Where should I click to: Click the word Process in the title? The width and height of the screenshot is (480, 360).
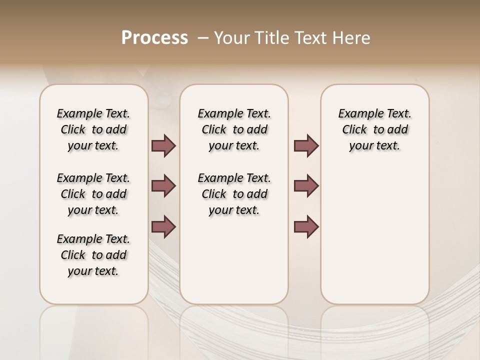coord(154,38)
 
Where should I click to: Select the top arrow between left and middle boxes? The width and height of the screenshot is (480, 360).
coord(163,146)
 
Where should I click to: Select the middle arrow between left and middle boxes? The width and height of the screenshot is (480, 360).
coord(163,186)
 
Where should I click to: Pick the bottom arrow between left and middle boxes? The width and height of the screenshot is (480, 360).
coord(163,226)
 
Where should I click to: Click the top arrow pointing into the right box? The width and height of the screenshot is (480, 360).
coord(306,146)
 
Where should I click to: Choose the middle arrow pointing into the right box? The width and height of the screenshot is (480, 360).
coord(306,186)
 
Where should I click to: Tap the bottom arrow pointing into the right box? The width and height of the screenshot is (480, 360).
coord(306,226)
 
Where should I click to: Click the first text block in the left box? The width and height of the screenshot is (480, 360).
coord(93,129)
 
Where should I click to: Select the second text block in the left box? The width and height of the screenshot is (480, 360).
coord(93,194)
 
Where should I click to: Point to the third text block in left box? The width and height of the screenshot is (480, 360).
coord(93,255)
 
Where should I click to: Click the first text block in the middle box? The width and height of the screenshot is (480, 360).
coord(234,129)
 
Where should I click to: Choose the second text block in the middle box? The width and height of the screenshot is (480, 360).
coord(234,194)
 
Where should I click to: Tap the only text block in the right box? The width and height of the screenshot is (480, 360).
coord(375,129)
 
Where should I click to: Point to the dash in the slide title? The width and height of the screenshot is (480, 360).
coord(203,38)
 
